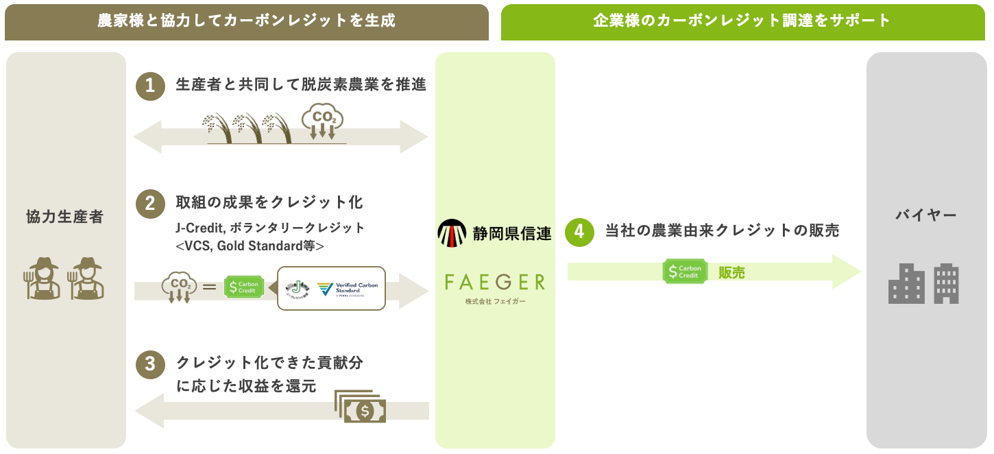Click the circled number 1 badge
(x=150, y=86)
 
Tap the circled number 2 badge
(x=150, y=204)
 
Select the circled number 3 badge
(x=150, y=364)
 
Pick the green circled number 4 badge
(x=579, y=232)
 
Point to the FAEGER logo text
(x=495, y=281)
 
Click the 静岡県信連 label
(x=512, y=233)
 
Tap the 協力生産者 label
(x=65, y=217)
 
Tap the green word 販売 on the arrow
(x=731, y=272)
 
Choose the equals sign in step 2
(x=210, y=288)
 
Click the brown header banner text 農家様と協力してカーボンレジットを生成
(x=246, y=21)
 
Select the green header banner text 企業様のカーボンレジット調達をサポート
(x=742, y=21)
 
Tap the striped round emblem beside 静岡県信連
(x=452, y=233)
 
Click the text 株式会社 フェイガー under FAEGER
(x=495, y=302)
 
